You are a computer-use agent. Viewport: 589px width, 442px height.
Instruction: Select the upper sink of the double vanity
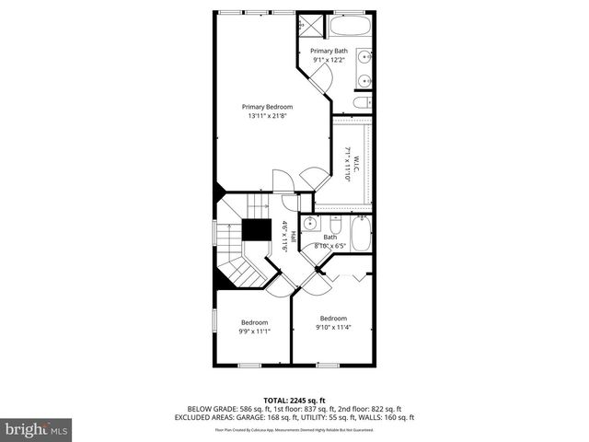(365, 53)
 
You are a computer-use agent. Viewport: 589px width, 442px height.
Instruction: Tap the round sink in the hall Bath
(310, 224)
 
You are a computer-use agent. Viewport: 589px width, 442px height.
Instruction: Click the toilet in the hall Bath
(335, 225)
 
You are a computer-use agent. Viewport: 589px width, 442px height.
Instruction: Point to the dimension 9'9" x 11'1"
(254, 331)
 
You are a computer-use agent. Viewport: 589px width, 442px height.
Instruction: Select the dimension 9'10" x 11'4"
(333, 327)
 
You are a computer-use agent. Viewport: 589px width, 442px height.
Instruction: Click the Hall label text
(294, 236)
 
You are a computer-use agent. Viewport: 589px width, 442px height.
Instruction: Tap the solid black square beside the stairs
(256, 230)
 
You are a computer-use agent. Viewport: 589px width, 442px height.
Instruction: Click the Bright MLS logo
(37, 429)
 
